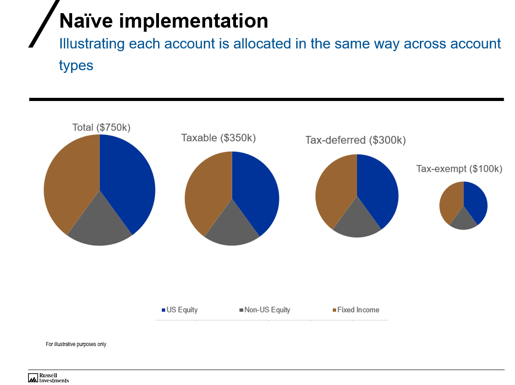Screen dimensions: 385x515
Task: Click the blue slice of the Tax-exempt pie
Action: pyautogui.click(x=476, y=202)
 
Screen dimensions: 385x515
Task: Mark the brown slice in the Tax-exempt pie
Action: pyautogui.click(x=451, y=202)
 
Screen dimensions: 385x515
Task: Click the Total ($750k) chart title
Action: pyautogui.click(x=101, y=128)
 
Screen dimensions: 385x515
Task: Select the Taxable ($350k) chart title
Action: pyautogui.click(x=218, y=138)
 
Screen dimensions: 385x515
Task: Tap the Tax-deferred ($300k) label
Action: pyautogui.click(x=356, y=140)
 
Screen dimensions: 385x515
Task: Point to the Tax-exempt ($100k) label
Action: pyautogui.click(x=459, y=169)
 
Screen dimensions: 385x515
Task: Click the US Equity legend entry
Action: pyautogui.click(x=180, y=310)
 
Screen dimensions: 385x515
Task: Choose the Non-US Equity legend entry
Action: pyautogui.click(x=265, y=310)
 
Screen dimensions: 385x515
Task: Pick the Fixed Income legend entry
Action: pyautogui.click(x=356, y=310)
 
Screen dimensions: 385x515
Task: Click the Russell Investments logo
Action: pyautogui.click(x=48, y=378)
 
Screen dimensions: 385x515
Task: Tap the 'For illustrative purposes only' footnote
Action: pyautogui.click(x=77, y=344)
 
